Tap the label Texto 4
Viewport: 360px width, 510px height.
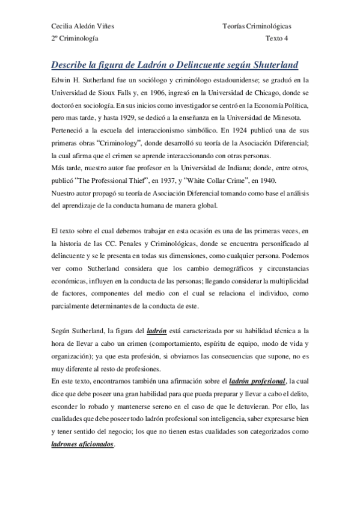(277, 38)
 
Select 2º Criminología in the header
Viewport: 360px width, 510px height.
(75, 38)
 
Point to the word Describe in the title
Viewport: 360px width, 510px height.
(71, 64)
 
